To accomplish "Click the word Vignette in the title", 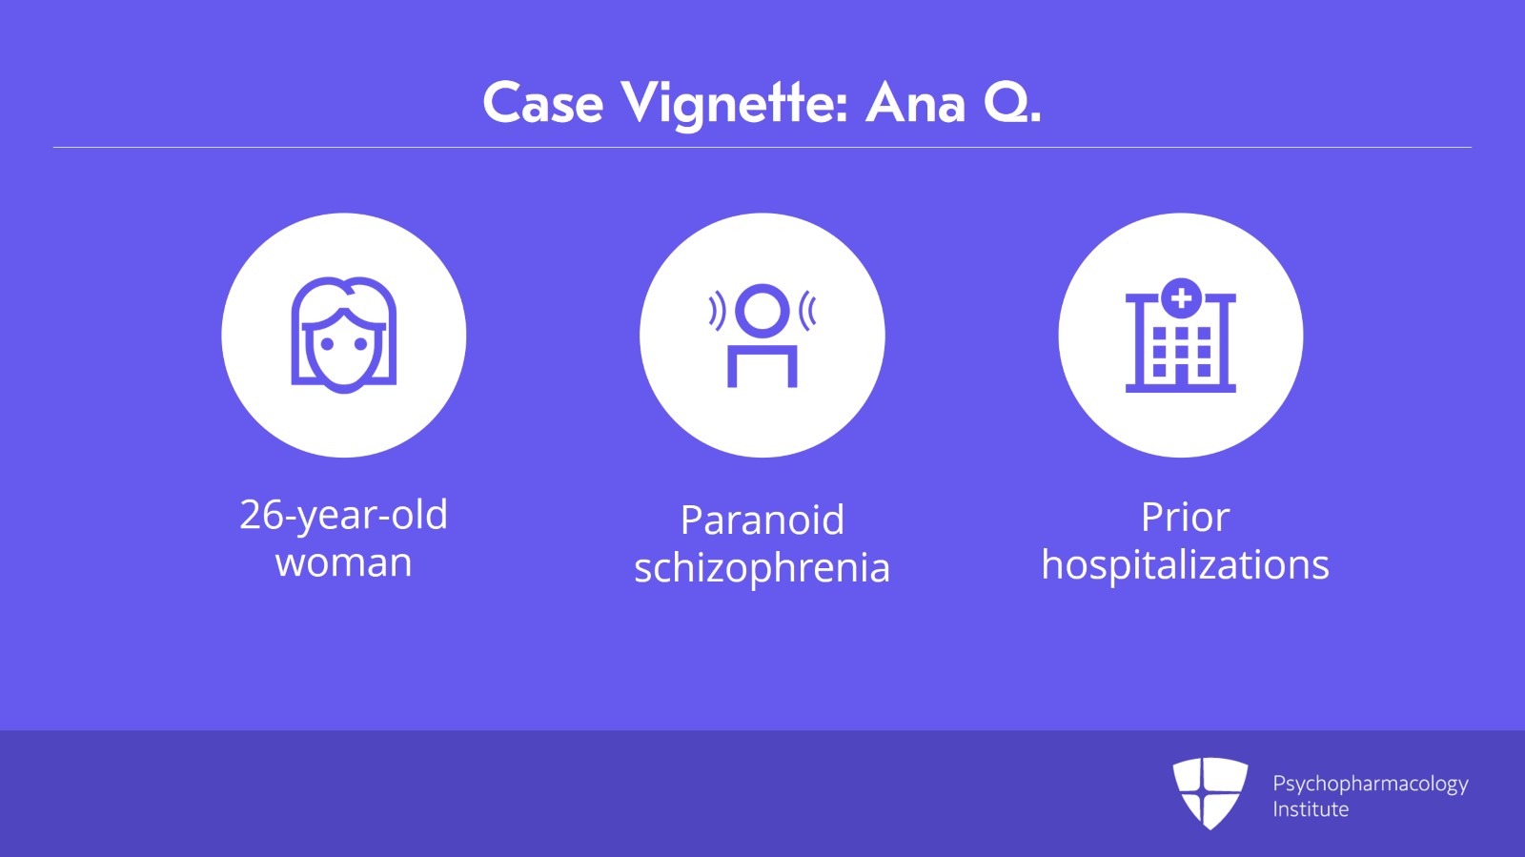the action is click(734, 104).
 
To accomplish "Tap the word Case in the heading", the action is click(542, 103).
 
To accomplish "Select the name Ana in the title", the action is click(915, 104).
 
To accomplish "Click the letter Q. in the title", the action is click(1012, 104).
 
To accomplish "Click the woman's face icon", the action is click(344, 335).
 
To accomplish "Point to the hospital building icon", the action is click(1181, 335).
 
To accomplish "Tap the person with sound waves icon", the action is click(762, 335).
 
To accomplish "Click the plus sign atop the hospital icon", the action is click(1181, 297).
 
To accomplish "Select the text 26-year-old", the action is click(344, 516).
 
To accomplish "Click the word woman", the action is click(344, 563).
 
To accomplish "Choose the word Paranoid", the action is click(762, 520).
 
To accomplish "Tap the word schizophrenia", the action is click(762, 568).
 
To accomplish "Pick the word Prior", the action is click(1186, 518).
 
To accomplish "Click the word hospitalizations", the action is click(1186, 565).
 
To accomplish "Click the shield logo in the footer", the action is click(1210, 793).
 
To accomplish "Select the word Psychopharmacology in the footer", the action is click(1371, 785).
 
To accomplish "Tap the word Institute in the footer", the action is click(1311, 809).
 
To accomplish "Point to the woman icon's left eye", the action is click(328, 344).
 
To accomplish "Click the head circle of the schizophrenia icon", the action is click(762, 311).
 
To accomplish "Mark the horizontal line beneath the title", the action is click(762, 147).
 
